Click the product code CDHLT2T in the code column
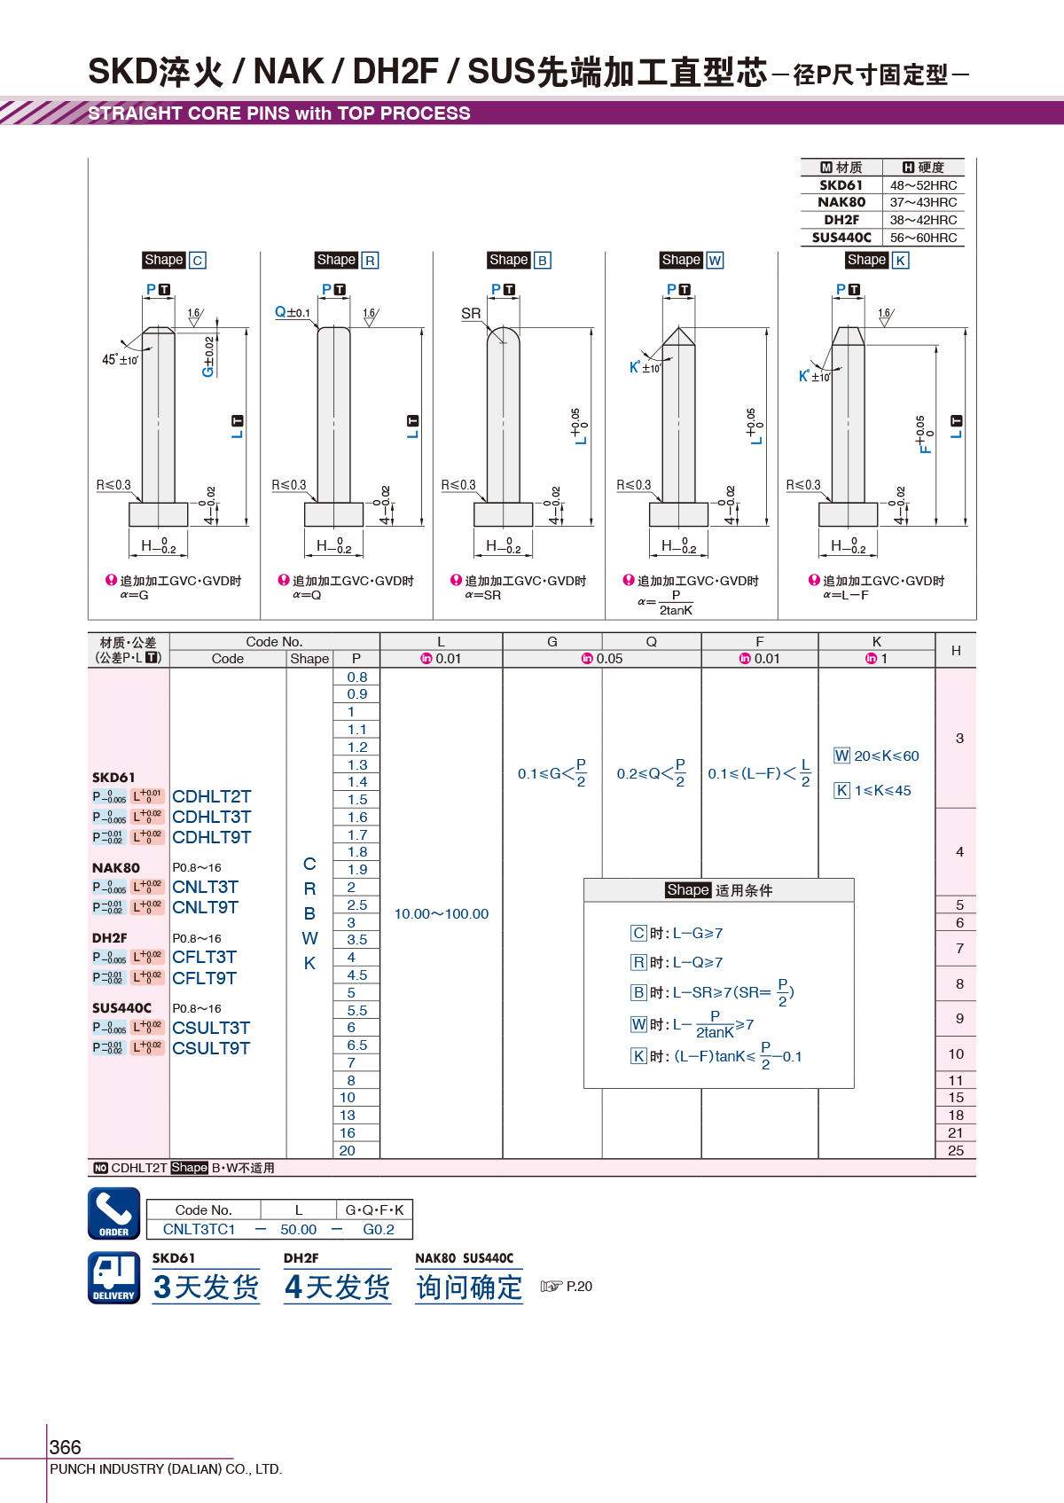click(x=211, y=796)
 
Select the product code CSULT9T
click(x=211, y=1048)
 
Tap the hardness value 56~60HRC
click(x=923, y=238)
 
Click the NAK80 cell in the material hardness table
click(x=841, y=202)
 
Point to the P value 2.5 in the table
click(x=357, y=904)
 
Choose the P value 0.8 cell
click(x=357, y=677)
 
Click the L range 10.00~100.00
click(x=442, y=914)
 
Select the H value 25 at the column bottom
click(x=956, y=1151)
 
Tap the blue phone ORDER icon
click(x=114, y=1214)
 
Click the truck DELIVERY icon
click(x=114, y=1278)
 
